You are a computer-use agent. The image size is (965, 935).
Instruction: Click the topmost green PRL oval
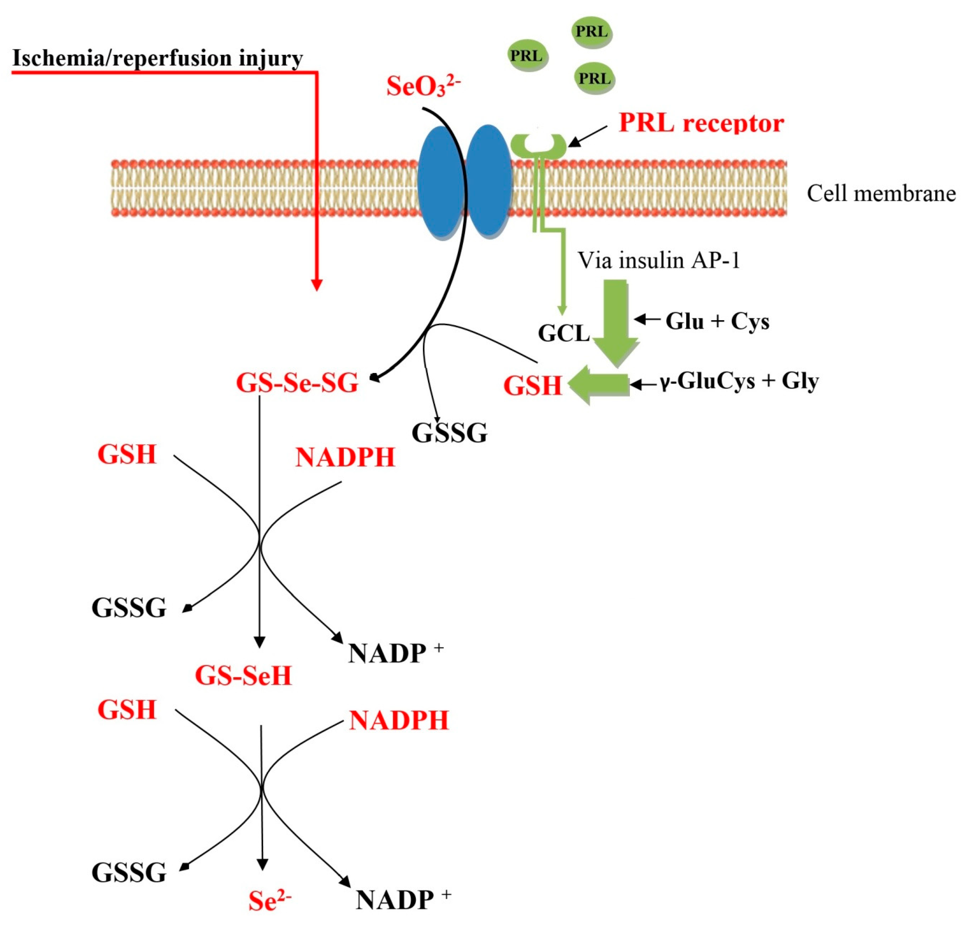[x=591, y=31]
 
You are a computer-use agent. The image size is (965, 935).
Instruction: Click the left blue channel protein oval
[x=440, y=182]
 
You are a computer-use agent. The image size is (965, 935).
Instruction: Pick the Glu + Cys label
[x=717, y=322]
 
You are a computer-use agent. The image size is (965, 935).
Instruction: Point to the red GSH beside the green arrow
[x=532, y=386]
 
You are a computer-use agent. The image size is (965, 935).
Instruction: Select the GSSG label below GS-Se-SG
[x=449, y=433]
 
